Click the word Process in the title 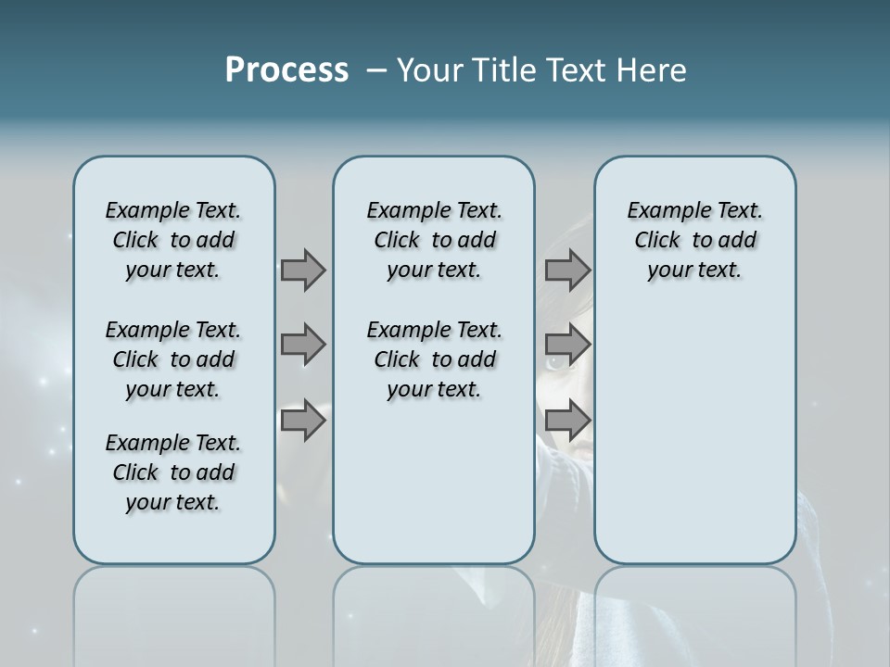[286, 70]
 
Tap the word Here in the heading [653, 70]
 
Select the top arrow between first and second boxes [303, 270]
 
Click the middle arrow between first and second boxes [303, 345]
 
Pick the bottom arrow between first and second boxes [303, 421]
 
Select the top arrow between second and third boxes [567, 270]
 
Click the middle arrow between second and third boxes [567, 345]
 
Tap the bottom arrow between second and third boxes [567, 421]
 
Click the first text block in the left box [173, 240]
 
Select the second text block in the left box [173, 359]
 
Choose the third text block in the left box [173, 472]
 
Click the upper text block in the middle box [434, 240]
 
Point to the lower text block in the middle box [434, 359]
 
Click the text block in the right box [695, 240]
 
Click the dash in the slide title [376, 71]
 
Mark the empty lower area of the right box [695, 435]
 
